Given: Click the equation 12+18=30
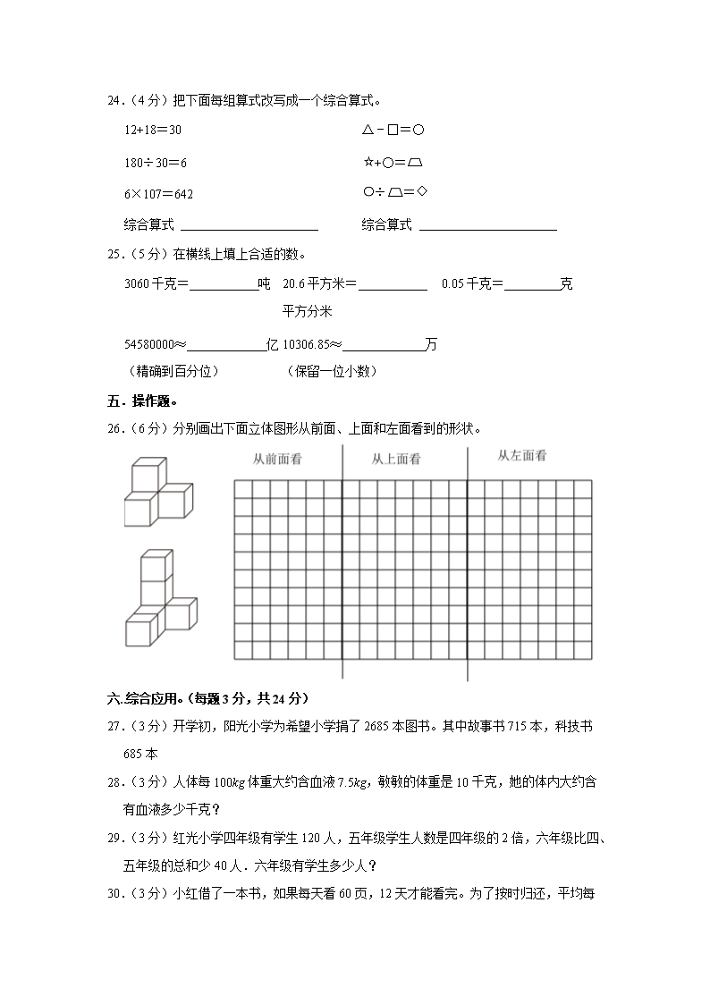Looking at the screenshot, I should [x=153, y=130].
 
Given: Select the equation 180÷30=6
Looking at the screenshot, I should [x=156, y=163].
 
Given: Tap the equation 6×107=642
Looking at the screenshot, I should [x=159, y=194].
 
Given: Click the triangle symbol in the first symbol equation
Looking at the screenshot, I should [x=368, y=130].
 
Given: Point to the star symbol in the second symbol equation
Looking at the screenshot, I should [x=368, y=163].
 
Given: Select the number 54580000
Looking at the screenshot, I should [x=148, y=344].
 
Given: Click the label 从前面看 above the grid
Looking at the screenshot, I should [x=276, y=459].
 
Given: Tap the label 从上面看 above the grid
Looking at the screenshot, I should [x=396, y=459].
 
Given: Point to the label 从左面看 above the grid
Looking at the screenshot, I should [x=521, y=456].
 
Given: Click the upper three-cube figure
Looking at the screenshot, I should [x=157, y=492].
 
